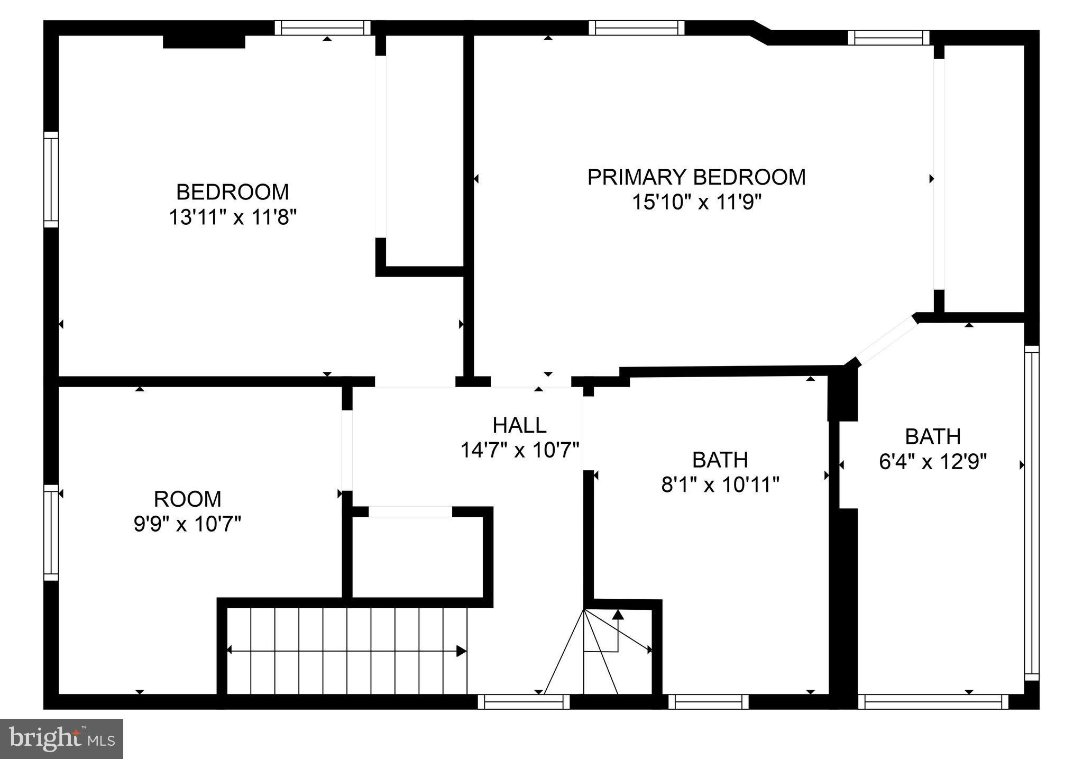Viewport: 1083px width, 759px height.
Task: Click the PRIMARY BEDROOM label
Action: [x=696, y=177]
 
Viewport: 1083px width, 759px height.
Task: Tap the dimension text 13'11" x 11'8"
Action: [x=232, y=217]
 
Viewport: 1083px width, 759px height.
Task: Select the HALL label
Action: [x=519, y=425]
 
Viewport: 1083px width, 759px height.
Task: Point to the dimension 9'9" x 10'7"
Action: [x=187, y=525]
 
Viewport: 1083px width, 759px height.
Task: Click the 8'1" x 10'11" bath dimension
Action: [x=720, y=484]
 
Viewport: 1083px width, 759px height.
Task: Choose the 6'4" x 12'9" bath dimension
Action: [x=933, y=462]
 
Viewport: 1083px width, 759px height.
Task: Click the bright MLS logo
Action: [x=61, y=738]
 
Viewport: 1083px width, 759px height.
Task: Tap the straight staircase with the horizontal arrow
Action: [x=346, y=651]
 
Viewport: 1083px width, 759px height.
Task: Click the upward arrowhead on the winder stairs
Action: [x=618, y=615]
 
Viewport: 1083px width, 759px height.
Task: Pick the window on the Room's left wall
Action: [x=51, y=532]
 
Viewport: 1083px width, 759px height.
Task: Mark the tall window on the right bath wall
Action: [x=1031, y=513]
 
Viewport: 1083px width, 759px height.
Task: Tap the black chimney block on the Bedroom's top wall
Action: [x=204, y=41]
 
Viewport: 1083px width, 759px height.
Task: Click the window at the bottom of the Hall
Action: [x=524, y=702]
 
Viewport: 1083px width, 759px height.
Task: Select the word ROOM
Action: [x=187, y=499]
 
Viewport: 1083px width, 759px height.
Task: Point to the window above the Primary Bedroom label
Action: [x=636, y=28]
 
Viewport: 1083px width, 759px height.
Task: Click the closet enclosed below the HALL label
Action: [x=418, y=558]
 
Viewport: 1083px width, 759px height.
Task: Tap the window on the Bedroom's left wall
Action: [x=51, y=179]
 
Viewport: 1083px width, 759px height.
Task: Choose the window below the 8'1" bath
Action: [x=709, y=702]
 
